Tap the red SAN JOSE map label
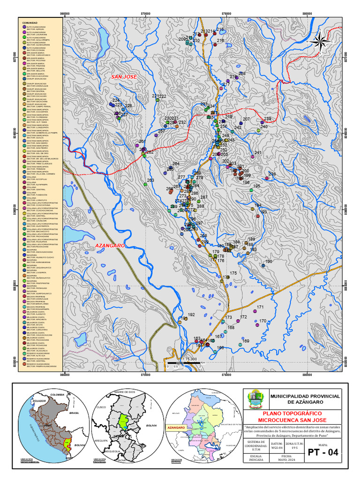123,76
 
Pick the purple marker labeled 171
255,311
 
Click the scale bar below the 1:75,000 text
186,363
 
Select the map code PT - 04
322,452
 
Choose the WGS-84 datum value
277,447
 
